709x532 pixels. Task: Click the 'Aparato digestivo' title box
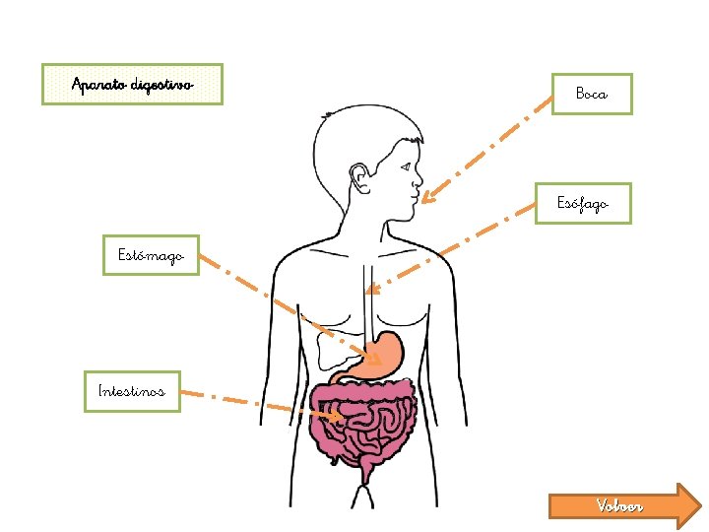click(132, 84)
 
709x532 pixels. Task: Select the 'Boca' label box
click(591, 94)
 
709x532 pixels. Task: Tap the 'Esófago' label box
click(583, 204)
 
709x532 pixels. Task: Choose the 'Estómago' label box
click(151, 255)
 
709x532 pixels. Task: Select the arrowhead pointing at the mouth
click(425, 199)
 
